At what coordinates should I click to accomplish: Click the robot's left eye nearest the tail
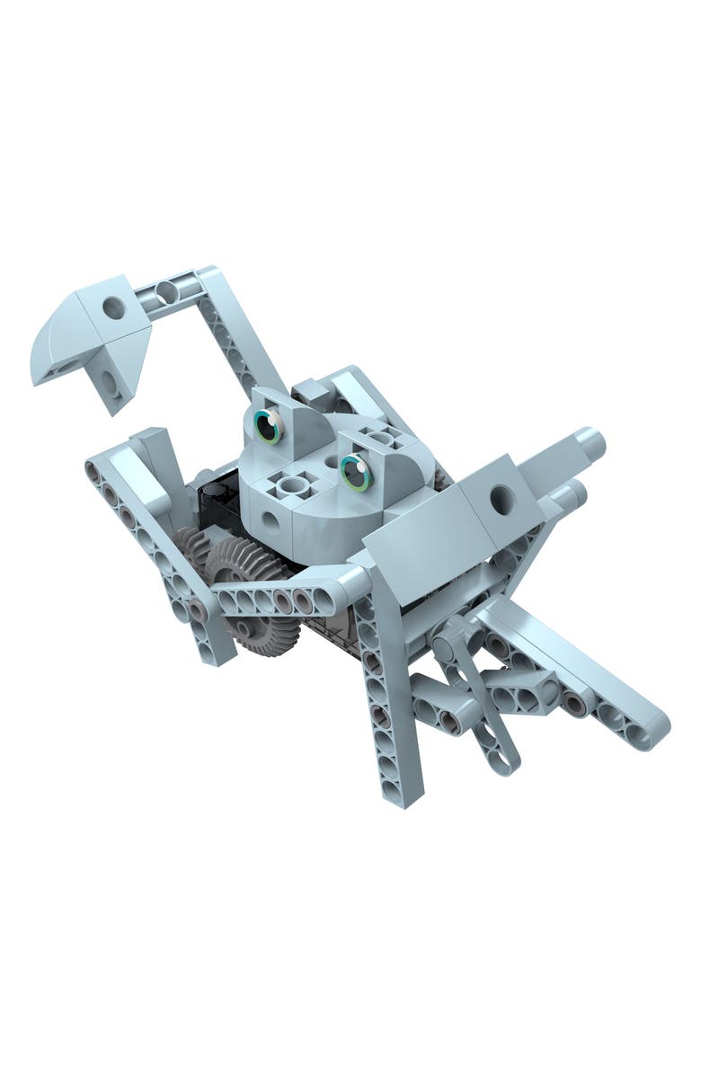point(268,426)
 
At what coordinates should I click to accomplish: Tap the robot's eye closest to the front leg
point(356,471)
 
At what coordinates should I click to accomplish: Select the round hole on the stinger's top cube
point(114,308)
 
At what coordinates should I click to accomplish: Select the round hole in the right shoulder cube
point(502,500)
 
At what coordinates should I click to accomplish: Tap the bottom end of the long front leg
point(396,791)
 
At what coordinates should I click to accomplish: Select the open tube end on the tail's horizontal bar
point(166,290)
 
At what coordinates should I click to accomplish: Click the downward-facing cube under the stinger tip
point(110,381)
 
